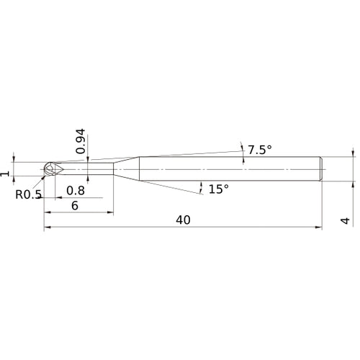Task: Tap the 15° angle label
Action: click(x=218, y=189)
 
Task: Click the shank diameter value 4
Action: click(x=346, y=220)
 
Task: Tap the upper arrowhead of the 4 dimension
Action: click(x=353, y=154)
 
